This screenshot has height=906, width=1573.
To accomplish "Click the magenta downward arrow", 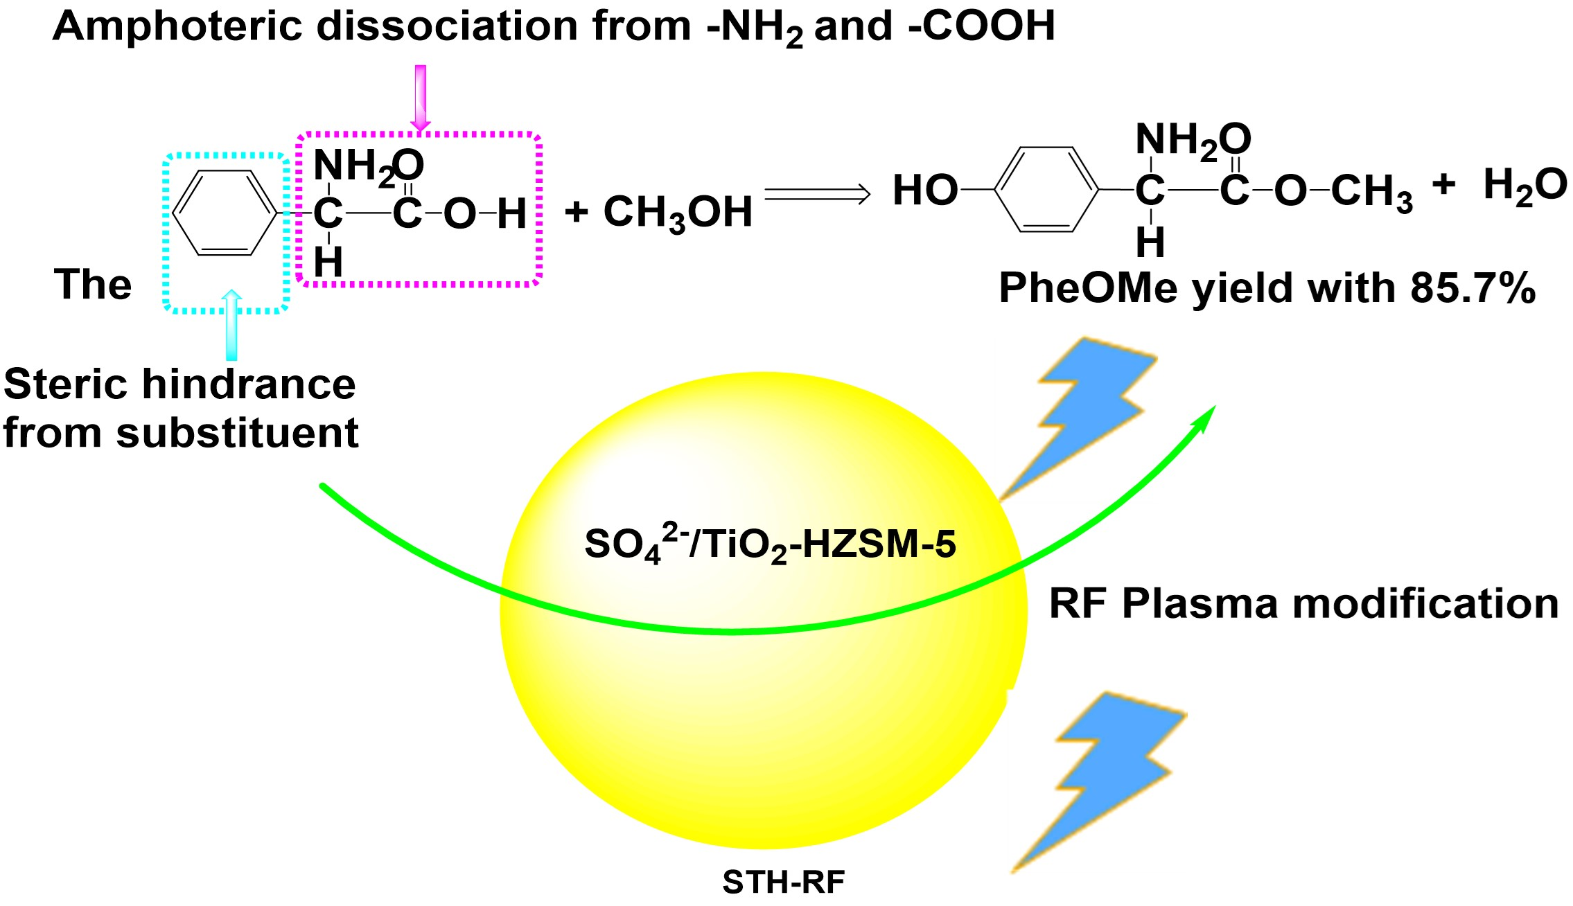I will coord(420,97).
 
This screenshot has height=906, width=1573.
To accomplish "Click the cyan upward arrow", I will coord(232,326).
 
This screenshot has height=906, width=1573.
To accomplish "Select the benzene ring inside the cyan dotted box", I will coord(224,213).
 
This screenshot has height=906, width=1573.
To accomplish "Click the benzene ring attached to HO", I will coord(1046,188).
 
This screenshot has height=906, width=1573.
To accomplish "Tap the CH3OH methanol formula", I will coord(678,212).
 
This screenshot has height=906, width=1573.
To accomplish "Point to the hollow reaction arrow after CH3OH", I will coord(817,194).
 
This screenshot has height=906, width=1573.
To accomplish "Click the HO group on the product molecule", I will coord(924,190).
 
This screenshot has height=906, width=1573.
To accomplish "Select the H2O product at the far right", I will coord(1524,186).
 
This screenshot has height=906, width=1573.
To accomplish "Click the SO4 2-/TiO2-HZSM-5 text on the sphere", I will coord(770,544).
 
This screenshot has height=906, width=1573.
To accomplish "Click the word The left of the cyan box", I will coord(93,284).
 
